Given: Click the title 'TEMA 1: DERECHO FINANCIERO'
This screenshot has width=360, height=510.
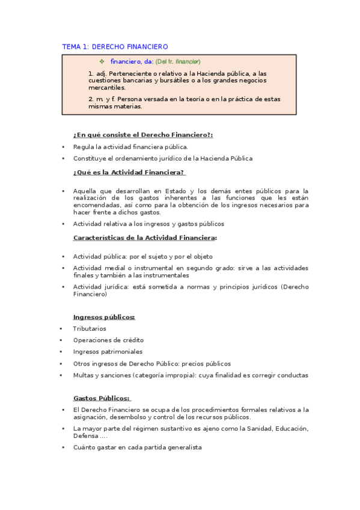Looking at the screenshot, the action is [115, 46].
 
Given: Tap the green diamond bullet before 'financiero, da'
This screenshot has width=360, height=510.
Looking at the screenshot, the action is [102, 61].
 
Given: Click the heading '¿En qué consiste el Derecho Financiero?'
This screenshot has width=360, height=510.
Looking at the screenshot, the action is [143, 135].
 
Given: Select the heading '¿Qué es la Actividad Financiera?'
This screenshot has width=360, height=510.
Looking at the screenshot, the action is [129, 172].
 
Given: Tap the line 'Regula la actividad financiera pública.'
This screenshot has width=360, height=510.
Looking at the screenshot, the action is [130, 147].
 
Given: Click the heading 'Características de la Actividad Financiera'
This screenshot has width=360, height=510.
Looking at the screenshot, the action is [144, 238].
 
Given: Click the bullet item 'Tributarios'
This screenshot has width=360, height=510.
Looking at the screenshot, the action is [90, 328].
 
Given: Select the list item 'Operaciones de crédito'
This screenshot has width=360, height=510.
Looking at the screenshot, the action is [108, 340].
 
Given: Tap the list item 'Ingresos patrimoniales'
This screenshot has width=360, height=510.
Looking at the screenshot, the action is [108, 352].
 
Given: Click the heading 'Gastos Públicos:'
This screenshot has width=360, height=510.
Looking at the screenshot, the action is [102, 398].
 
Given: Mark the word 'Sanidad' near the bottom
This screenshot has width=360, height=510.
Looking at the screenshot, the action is [255, 428].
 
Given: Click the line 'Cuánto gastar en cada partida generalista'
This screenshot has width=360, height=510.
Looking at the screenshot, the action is [137, 447].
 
